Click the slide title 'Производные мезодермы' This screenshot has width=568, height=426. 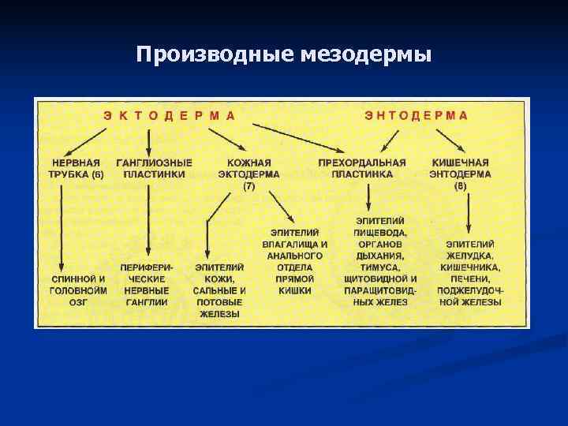pyautogui.click(x=284, y=54)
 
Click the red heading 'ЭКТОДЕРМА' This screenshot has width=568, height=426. pyautogui.click(x=169, y=115)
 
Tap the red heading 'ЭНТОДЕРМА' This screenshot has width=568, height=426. pyautogui.click(x=416, y=115)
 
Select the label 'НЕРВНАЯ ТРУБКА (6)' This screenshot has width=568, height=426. pyautogui.click(x=76, y=168)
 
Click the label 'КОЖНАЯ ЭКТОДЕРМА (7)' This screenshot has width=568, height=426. pyautogui.click(x=249, y=174)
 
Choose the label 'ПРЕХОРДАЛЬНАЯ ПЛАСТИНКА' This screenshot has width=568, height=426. pyautogui.click(x=362, y=168)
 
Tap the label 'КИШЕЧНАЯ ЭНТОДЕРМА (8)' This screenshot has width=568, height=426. pyautogui.click(x=461, y=174)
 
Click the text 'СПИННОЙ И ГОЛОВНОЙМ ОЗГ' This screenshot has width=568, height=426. pyautogui.click(x=78, y=290)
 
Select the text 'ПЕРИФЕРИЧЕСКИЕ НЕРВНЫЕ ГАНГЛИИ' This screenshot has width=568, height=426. pyautogui.click(x=147, y=285)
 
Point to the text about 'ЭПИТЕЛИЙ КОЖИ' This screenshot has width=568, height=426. pyautogui.click(x=220, y=290)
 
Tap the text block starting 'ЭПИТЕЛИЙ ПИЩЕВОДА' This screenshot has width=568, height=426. pyautogui.click(x=381, y=261)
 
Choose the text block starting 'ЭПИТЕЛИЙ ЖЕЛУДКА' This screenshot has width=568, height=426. pyautogui.click(x=470, y=273)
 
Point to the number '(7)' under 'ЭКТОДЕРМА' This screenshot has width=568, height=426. pyautogui.click(x=249, y=185)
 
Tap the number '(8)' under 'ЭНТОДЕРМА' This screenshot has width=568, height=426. pyautogui.click(x=461, y=185)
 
